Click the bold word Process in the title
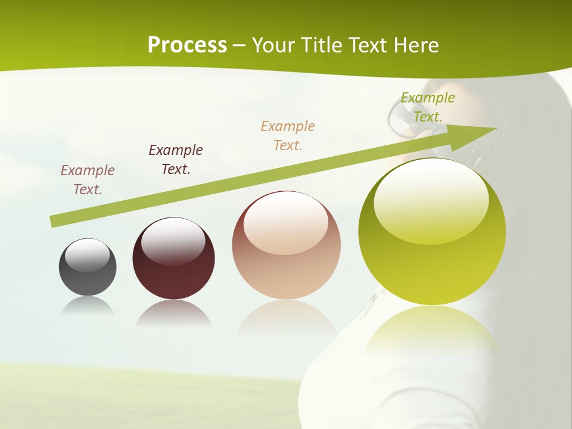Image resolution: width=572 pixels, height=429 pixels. (x=187, y=45)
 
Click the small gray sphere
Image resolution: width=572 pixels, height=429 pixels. (x=88, y=267)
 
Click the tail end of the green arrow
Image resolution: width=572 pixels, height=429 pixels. (x=54, y=222)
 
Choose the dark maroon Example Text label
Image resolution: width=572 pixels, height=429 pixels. (x=176, y=160)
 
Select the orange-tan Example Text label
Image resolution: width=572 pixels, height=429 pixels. (x=288, y=135)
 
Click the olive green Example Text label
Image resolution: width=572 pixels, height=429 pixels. (x=428, y=107)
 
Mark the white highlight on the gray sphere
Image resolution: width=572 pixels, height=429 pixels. (x=88, y=255)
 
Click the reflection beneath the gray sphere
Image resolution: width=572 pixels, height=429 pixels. (x=88, y=306)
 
